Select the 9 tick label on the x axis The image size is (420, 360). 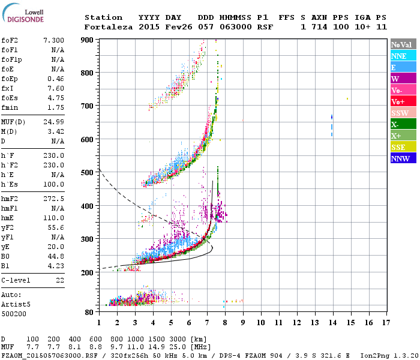coord(243,322)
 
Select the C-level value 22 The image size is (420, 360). coord(59,281)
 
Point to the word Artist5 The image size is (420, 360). coord(14,304)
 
